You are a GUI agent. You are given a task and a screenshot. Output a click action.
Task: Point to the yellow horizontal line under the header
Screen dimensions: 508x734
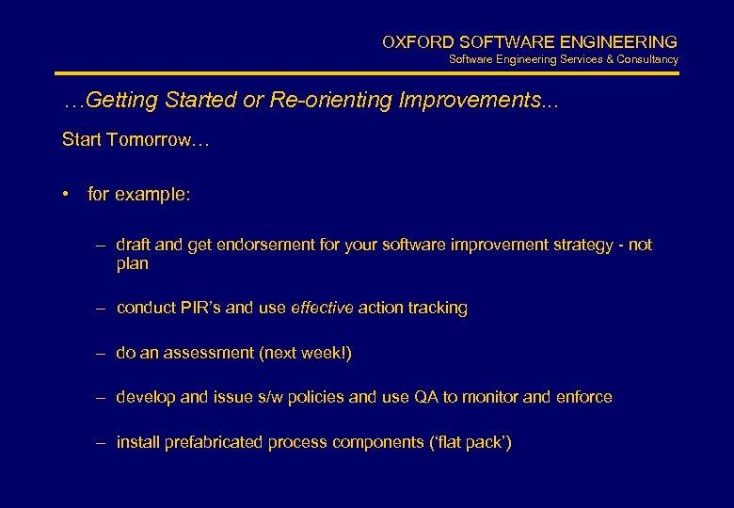[x=367, y=73]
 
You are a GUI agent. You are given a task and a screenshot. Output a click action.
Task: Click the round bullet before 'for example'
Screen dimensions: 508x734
[x=68, y=195]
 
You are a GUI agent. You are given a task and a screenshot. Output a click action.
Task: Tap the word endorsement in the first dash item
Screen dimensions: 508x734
[x=264, y=245]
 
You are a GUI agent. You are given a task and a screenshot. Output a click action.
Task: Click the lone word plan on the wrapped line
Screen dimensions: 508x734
[x=132, y=263]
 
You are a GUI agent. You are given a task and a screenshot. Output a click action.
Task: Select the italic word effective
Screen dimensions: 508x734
[x=321, y=308]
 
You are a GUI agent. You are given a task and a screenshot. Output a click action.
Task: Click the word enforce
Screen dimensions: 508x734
[x=583, y=397]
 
